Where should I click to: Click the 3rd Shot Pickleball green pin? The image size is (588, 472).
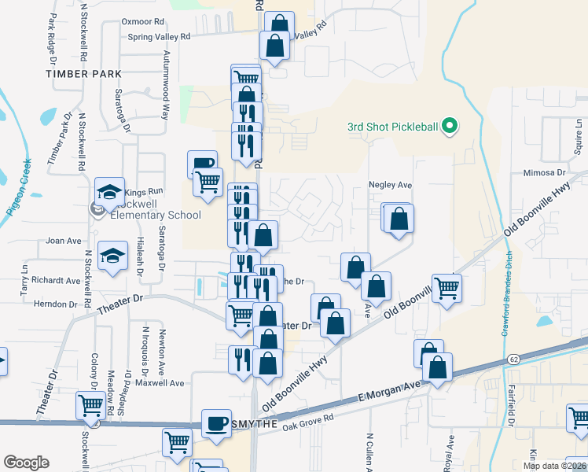(x=450, y=126)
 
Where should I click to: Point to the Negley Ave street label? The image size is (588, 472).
(x=390, y=185)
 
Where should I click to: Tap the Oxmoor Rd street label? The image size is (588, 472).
(x=142, y=22)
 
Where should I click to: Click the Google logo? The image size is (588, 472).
(x=26, y=462)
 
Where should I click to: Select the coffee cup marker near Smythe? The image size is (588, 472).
(x=215, y=422)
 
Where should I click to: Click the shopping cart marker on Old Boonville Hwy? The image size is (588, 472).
(x=447, y=288)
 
